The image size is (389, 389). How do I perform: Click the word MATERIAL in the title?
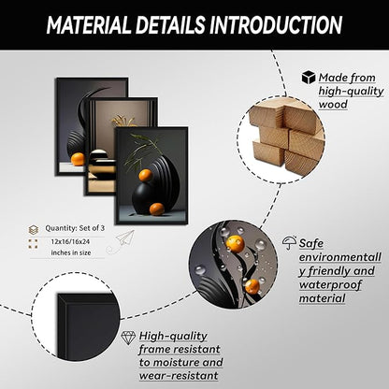(x=89, y=25)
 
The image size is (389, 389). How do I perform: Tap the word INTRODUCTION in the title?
(x=276, y=25)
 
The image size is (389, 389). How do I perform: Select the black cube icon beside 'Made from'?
(x=309, y=77)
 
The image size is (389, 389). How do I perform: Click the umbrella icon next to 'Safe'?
(x=289, y=242)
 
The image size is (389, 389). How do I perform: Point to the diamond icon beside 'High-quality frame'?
(x=128, y=338)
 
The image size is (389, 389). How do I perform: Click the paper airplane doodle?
(x=125, y=238)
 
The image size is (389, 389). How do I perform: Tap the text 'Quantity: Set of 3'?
(x=75, y=228)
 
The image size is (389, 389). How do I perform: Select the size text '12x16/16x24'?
(x=70, y=241)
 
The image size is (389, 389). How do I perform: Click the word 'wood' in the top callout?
(x=333, y=104)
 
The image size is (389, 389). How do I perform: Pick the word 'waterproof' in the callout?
(x=330, y=284)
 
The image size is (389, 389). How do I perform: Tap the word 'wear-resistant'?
(x=179, y=376)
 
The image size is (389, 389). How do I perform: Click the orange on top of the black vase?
(x=146, y=175)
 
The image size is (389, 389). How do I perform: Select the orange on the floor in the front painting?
(x=156, y=209)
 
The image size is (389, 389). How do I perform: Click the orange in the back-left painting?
(x=78, y=159)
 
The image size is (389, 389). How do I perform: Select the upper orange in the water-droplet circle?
(x=235, y=243)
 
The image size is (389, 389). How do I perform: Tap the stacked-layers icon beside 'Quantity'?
(x=34, y=230)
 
